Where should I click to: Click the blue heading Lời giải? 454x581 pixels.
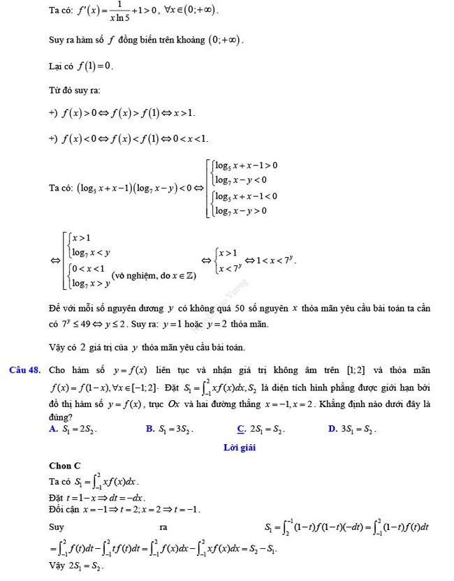(240, 448)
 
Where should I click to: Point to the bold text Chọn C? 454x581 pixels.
(65, 466)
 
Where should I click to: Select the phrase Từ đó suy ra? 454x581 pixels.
(75, 90)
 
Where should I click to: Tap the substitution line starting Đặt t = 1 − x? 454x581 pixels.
(97, 498)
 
